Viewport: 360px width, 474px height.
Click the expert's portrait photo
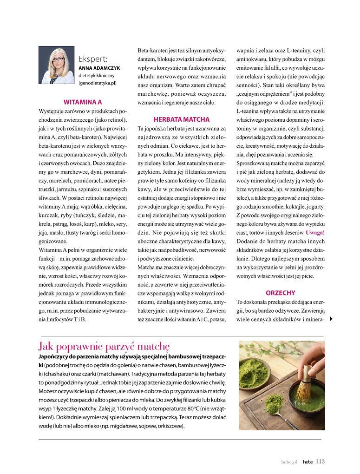[56, 65]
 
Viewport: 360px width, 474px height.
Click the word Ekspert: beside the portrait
[93, 59]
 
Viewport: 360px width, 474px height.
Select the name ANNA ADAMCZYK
[99, 68]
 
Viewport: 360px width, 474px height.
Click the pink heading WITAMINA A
[83, 101]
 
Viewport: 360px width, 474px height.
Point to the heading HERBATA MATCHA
[182, 119]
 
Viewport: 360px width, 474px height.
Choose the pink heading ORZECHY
[281, 293]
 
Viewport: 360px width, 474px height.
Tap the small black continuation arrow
[331, 319]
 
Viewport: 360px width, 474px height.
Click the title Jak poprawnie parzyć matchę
[105, 346]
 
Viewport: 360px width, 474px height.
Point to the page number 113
[320, 461]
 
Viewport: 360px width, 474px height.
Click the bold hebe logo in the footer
[308, 462]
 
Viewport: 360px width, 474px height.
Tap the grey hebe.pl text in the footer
[288, 462]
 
